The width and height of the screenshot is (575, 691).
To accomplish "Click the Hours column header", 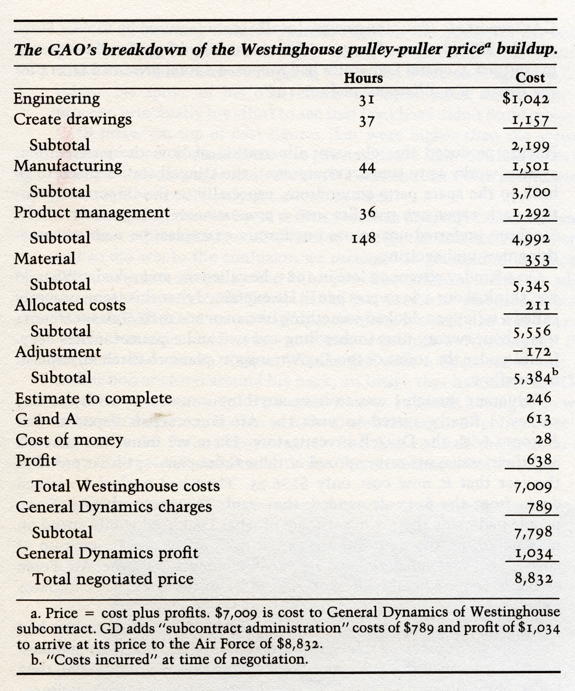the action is coord(363,78).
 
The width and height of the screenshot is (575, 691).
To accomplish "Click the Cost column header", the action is coord(530,78).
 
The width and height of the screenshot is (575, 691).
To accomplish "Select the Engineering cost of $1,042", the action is coord(526,99).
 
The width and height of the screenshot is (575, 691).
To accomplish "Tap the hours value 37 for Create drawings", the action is coord(367,121).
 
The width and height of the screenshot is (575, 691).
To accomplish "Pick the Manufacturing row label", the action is coord(68,166).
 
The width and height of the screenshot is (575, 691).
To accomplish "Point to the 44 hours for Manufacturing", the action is coord(367,168).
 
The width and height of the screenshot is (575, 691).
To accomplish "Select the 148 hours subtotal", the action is coord(363,238).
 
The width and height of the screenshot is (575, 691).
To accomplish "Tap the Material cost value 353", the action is coord(538,260).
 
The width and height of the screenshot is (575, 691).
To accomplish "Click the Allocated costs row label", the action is coord(70,305).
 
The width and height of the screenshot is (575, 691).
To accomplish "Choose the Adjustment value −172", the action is coord(534,352).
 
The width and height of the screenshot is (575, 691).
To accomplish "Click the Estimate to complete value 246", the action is coord(539,398).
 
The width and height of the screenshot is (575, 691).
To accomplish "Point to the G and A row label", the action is coord(45,419).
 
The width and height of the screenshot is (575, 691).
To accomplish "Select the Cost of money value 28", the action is coord(543,439).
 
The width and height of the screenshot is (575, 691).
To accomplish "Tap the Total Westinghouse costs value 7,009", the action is coord(533,487).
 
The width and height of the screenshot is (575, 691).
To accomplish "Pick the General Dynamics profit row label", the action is coord(107,554).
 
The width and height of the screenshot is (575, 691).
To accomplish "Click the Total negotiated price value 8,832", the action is coord(534,579).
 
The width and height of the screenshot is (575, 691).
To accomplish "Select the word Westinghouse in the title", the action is coord(292,49).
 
